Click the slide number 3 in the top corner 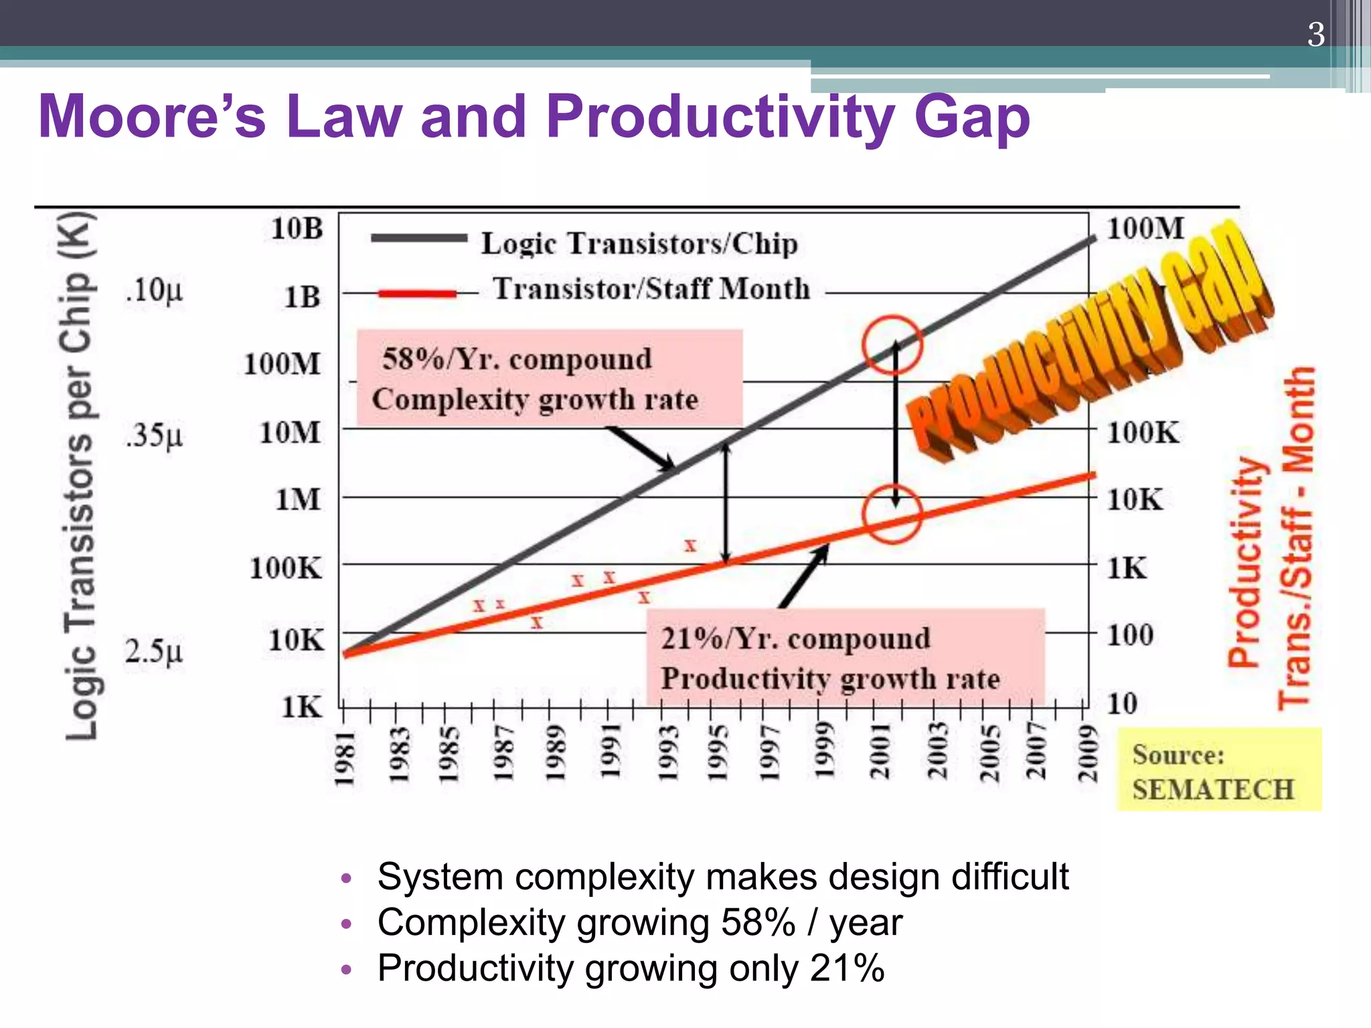[x=1315, y=34]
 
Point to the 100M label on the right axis [x=1145, y=228]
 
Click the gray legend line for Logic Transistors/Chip [x=418, y=238]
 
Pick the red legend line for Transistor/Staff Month [x=417, y=293]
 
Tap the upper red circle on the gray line [x=892, y=345]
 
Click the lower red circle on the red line [x=892, y=513]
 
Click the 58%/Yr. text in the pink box [x=442, y=359]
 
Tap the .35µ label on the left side [x=153, y=435]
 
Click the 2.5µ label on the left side [x=153, y=651]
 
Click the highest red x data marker [x=690, y=545]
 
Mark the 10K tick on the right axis [x=1135, y=499]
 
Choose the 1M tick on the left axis [x=298, y=499]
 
